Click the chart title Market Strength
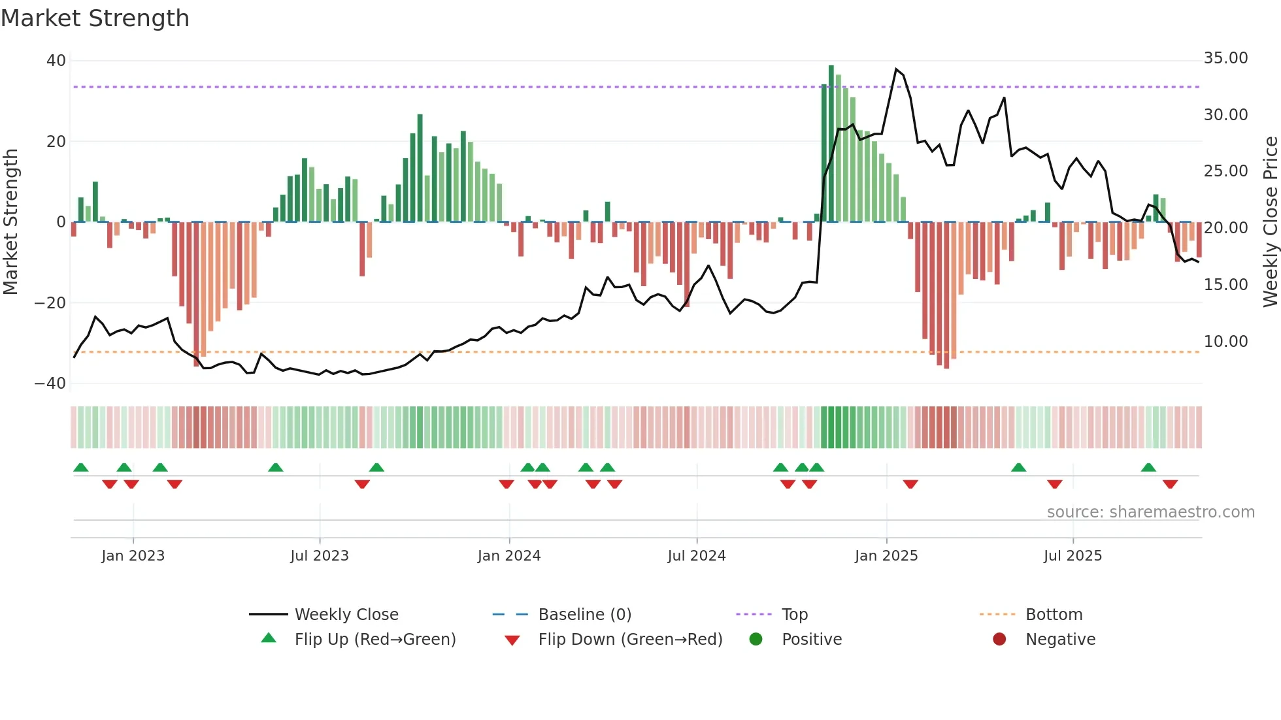point(95,18)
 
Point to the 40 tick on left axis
point(56,61)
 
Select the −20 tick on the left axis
point(50,303)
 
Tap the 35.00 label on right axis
point(1225,58)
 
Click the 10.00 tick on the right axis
point(1225,341)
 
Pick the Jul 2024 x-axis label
point(696,556)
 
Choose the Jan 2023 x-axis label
point(133,556)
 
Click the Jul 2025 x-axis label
point(1073,556)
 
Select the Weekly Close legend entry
point(346,615)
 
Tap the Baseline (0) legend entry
point(584,615)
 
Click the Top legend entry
point(794,615)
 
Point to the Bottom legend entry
point(1054,615)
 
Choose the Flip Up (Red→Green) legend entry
point(374,640)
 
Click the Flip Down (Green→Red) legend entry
point(630,640)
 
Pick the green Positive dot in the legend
point(756,639)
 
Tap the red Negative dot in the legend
point(999,639)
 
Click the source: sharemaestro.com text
point(1150,512)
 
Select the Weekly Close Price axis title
point(1270,222)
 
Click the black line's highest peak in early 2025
point(896,69)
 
